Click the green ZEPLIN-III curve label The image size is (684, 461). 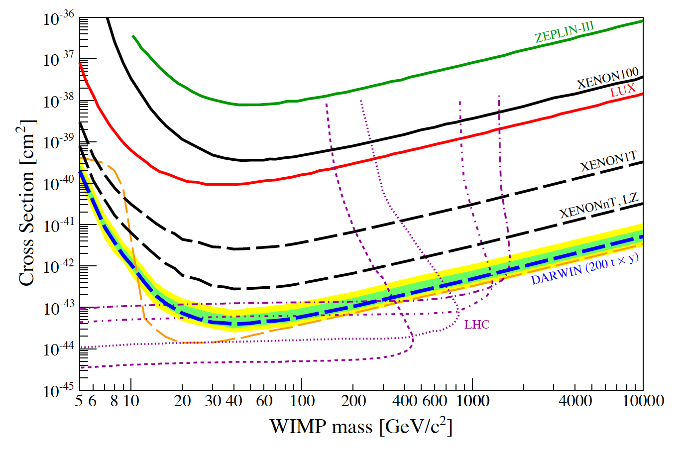pos(564,33)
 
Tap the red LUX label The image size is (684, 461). pos(623,91)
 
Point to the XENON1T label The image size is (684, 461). pos(608,161)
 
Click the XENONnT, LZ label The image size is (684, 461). pos(598,206)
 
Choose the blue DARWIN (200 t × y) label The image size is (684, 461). pos(584,269)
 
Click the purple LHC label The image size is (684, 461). pos(477,325)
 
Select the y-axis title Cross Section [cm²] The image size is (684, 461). pos(27,203)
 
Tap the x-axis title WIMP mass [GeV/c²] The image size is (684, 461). pos(361,427)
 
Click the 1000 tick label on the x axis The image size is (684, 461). pos(472,401)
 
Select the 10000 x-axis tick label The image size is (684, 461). pos(643,401)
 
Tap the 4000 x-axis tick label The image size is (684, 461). pos(575,401)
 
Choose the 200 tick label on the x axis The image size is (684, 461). pos(353,401)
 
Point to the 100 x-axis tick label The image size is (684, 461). pos(302,401)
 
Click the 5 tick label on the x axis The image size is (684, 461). pos(79,401)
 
